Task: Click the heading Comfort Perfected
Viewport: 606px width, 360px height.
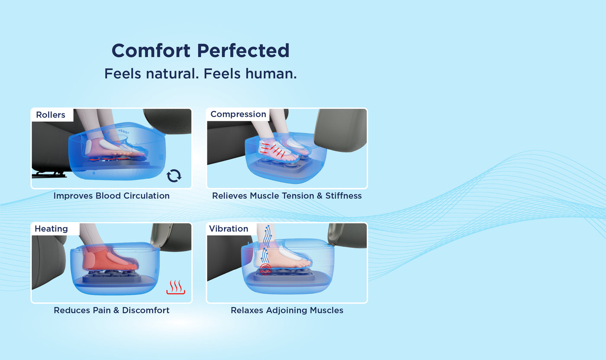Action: [x=200, y=51]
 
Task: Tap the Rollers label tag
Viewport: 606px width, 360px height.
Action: [x=51, y=115]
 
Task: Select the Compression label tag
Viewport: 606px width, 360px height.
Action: [x=238, y=114]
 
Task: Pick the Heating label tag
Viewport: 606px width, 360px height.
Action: [x=51, y=229]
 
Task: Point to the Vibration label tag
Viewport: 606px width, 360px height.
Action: [x=229, y=229]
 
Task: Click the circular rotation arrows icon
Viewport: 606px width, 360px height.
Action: [x=174, y=175]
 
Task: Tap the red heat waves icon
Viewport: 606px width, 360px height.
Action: [x=175, y=287]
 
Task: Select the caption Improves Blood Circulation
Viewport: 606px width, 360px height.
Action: [x=111, y=196]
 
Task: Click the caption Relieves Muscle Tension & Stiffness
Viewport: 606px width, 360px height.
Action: [x=287, y=196]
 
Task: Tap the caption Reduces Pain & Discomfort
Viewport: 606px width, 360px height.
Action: [x=111, y=310]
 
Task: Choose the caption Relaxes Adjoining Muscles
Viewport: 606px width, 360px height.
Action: [x=287, y=310]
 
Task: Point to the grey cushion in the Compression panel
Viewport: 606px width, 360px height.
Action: [x=341, y=130]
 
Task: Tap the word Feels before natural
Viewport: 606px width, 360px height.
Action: [x=122, y=73]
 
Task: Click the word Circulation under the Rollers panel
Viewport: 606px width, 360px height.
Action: [x=146, y=196]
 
